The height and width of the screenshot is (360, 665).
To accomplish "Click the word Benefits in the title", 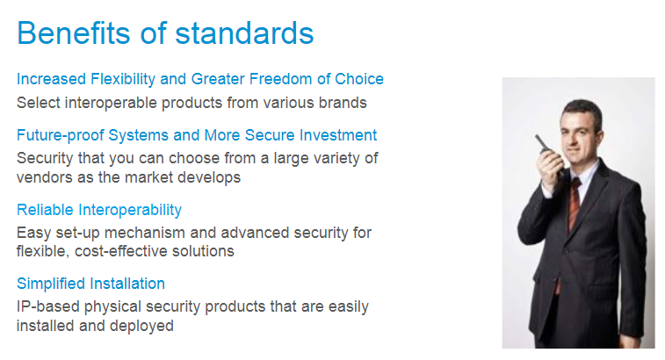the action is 74,32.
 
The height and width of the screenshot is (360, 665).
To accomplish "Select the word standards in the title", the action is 244,32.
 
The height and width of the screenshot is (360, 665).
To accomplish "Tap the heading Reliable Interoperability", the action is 99,210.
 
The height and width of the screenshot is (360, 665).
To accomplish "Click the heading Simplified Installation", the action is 90,284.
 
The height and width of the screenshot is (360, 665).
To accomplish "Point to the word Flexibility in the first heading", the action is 123,79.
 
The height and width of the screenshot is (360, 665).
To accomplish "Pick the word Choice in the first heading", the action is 359,79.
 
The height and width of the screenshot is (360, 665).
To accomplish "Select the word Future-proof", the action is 61,135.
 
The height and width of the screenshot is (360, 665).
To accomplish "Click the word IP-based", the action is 48,306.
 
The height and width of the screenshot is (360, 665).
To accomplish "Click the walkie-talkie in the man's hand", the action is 543,145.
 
